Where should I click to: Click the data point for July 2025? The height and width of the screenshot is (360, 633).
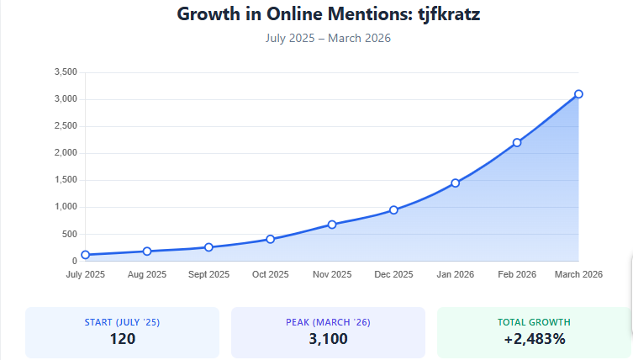(85, 255)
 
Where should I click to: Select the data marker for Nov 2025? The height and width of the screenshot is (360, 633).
(332, 225)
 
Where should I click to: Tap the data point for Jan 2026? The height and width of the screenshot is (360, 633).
(455, 183)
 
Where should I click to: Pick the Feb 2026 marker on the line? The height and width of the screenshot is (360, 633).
(517, 142)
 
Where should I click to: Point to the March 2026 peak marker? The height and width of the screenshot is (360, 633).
(578, 94)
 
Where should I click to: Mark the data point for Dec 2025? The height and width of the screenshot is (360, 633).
(393, 210)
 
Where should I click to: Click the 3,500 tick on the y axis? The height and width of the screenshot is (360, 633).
(65, 72)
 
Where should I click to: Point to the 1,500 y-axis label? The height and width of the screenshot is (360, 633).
(65, 180)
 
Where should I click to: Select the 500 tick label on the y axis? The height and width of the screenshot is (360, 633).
(70, 234)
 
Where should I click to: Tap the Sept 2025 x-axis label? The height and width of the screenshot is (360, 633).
(208, 274)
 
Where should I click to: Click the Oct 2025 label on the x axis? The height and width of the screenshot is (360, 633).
(270, 274)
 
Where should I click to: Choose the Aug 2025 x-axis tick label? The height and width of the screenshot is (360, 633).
(147, 274)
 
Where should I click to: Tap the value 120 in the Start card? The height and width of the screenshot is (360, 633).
(122, 339)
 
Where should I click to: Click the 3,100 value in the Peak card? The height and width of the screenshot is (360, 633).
(328, 339)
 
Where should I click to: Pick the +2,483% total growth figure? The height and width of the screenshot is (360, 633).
(534, 339)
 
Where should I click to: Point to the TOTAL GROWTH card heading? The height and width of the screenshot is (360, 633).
(534, 322)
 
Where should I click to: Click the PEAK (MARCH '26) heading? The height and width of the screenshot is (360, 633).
(328, 322)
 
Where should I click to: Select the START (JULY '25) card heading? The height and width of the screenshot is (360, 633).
(122, 322)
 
